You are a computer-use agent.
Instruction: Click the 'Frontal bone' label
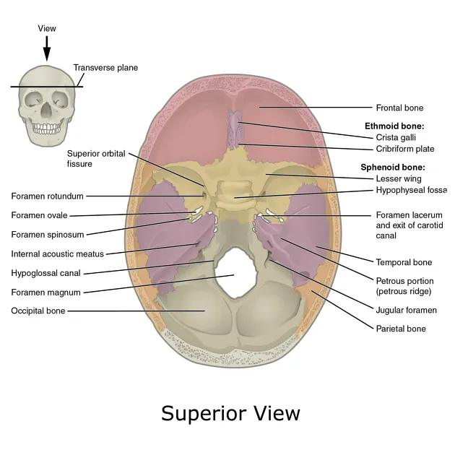[399, 108]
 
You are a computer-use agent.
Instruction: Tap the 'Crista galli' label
[396, 136]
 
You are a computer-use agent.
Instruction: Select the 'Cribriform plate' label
[404, 149]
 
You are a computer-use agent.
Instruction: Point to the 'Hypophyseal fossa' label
[410, 190]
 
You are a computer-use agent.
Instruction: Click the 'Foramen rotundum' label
[48, 196]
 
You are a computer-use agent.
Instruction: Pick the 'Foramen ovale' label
[40, 215]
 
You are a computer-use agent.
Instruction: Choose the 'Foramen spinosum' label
[47, 234]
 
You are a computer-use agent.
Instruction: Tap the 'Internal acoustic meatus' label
[58, 253]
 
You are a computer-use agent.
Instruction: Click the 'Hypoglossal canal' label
[45, 273]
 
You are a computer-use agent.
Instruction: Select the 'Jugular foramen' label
[406, 311]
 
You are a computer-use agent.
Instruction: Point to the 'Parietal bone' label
[401, 329]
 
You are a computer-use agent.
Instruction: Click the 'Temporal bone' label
[404, 262]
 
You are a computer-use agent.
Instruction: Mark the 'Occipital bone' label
[38, 311]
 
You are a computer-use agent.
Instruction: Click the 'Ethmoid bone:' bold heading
[394, 126]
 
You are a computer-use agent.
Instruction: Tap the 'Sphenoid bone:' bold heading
[393, 167]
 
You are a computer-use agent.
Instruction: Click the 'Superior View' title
[230, 413]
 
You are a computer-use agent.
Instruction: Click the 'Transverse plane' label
[105, 68]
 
